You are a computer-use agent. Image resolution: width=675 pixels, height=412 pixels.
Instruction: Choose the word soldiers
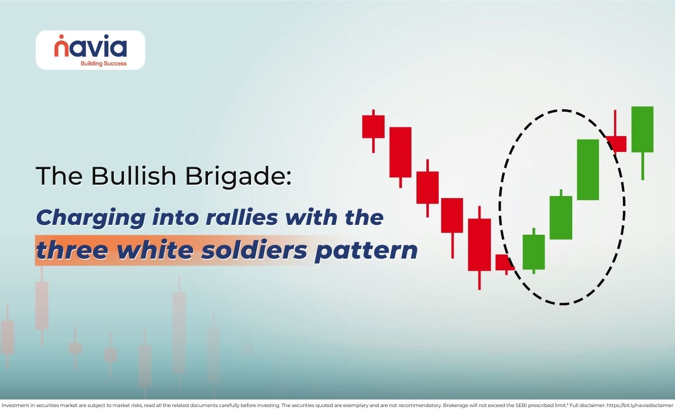coord(254,250)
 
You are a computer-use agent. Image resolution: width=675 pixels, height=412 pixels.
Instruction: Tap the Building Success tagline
coord(103,64)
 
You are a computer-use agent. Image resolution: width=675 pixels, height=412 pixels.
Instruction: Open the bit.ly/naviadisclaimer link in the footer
coord(640,406)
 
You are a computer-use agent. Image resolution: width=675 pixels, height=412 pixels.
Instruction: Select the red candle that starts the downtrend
coord(373,127)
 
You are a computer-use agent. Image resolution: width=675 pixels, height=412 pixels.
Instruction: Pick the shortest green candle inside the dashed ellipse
coord(534,252)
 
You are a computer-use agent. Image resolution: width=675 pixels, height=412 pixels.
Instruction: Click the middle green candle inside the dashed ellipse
coord(561,217)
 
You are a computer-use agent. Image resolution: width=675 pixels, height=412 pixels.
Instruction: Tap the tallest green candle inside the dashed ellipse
coord(588,169)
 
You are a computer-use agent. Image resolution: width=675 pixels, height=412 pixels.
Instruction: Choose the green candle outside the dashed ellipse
coord(642,129)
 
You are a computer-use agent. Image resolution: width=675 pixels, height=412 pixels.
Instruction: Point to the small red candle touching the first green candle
coord(505,262)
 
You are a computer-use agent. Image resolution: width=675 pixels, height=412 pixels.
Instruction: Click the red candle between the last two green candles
coord(615,143)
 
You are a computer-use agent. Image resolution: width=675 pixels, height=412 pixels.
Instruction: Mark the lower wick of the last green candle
coord(642,166)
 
